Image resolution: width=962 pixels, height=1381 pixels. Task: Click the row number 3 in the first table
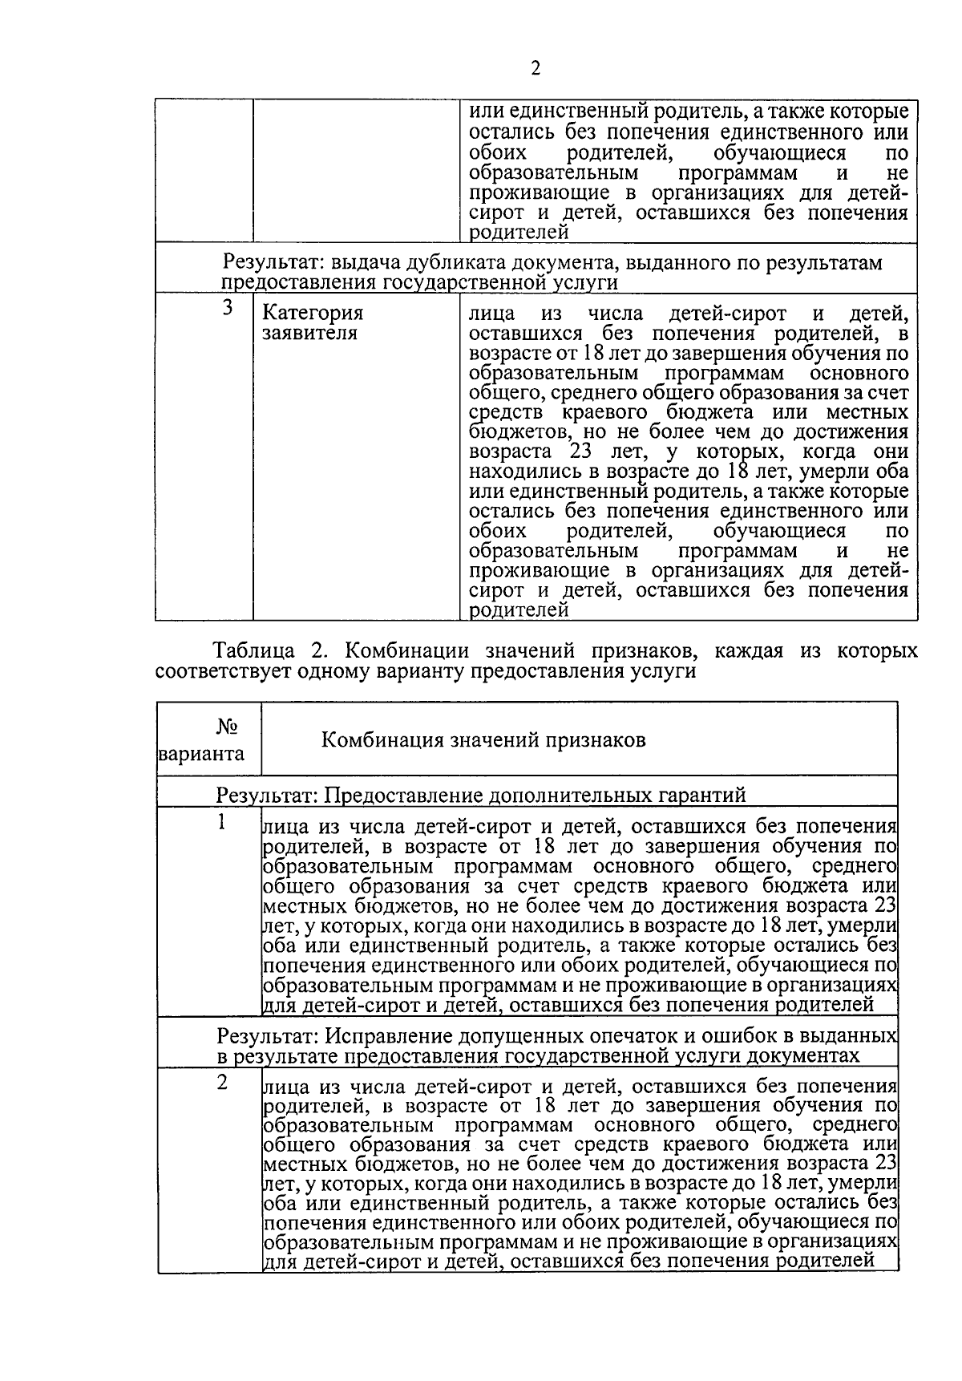[x=228, y=308]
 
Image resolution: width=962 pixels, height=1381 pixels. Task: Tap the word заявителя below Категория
[x=310, y=333]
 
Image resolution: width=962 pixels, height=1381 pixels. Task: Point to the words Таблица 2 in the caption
[x=265, y=650]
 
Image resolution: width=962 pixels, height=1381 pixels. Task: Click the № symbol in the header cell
[x=228, y=727]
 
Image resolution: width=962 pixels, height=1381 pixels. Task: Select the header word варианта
[x=202, y=755]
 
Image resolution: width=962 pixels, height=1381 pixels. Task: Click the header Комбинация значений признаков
[x=483, y=739]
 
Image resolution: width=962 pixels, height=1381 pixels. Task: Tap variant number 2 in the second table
[x=223, y=1083]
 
